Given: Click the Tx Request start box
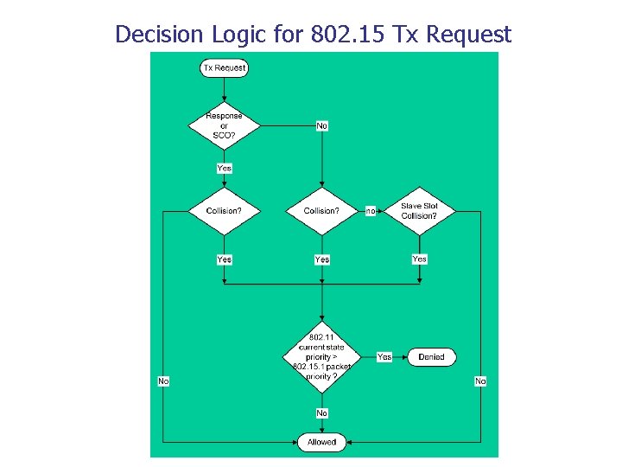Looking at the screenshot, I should pos(224,67).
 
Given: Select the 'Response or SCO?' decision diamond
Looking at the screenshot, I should pos(224,125).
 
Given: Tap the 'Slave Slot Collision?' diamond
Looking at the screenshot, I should pos(419,211).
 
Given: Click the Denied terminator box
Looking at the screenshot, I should pos(431,356).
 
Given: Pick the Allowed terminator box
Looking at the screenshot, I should pos(321,442).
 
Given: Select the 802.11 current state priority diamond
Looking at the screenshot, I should pos(321,356).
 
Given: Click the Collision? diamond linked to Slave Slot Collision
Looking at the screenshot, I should pos(321,211).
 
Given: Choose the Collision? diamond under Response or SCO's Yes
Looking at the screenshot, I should pos(224,211).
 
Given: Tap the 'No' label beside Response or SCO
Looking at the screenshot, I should pos(321,125).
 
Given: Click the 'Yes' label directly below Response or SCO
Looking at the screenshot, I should pos(224,168).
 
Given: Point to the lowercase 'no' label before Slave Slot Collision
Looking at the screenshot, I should pos(371,211).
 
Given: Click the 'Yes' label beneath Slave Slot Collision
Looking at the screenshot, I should pos(419,259).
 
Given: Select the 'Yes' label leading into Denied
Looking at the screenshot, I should pos(384,356).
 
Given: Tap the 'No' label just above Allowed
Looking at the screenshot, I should pos(321,413).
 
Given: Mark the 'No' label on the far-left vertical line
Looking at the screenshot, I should pos(163,381).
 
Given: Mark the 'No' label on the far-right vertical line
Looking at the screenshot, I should pos(480,381).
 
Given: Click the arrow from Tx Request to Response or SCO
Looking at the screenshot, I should pos(224,88).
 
